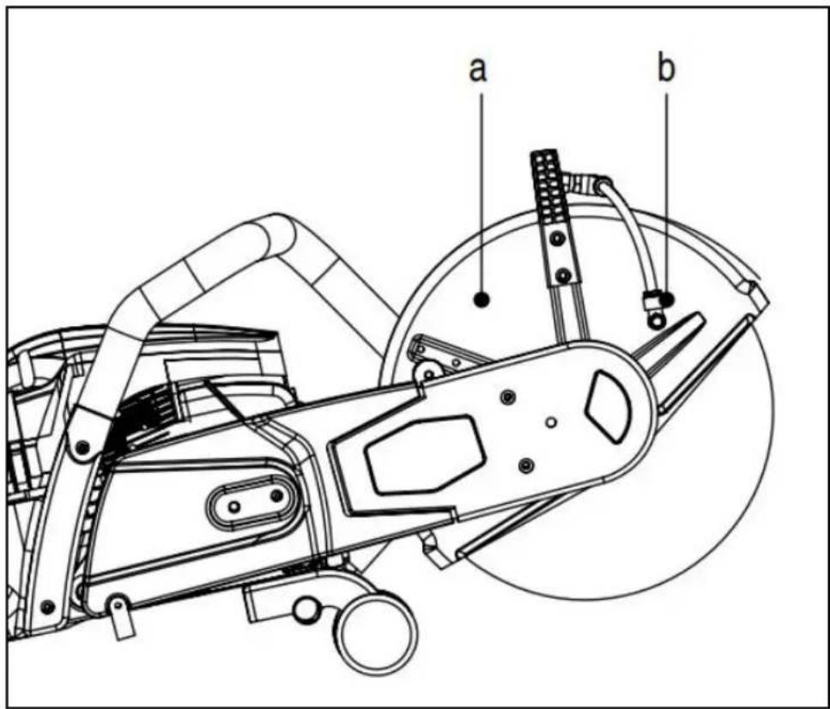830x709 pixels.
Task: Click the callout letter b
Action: tap(666, 67)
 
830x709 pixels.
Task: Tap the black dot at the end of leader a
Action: tap(482, 300)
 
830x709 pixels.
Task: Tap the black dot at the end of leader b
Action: tap(668, 299)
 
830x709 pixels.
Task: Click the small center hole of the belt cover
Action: tap(551, 422)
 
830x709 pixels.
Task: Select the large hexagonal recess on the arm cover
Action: tap(426, 455)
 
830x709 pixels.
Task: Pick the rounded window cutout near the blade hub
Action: tap(608, 406)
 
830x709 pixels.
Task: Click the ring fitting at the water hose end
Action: tap(657, 320)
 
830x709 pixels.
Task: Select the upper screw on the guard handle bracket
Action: tap(557, 239)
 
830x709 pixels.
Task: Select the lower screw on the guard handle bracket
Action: tap(564, 276)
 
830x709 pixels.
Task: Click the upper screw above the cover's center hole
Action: tap(508, 396)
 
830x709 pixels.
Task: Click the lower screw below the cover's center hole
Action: tap(525, 465)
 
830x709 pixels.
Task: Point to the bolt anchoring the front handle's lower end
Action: tap(82, 448)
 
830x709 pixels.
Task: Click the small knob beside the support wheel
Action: tap(305, 610)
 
